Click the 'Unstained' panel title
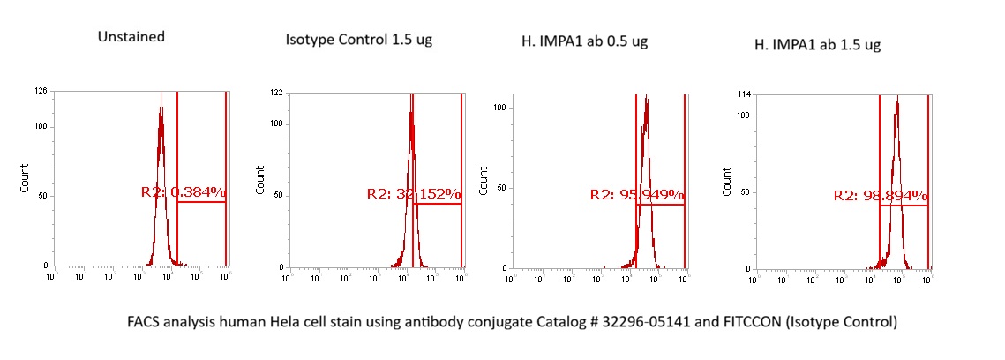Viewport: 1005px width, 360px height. coord(132,37)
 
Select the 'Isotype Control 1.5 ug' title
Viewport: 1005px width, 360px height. coord(359,40)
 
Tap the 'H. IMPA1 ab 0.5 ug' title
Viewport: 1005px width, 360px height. coord(584,41)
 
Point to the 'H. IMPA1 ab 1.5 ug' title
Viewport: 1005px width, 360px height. coord(817,44)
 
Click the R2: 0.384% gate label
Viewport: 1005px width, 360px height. coord(184,191)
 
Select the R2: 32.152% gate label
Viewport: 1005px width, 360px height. coord(414,193)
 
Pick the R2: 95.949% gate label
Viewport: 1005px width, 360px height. coord(637,194)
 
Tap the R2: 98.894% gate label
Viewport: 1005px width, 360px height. coord(881,195)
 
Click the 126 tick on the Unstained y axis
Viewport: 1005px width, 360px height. coord(41,90)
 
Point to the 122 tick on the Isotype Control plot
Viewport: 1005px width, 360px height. coord(276,93)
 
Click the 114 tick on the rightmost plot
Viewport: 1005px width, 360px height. coord(743,94)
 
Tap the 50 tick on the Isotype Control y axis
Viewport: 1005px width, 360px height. coord(278,195)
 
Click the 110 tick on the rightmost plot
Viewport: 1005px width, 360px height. coord(743,116)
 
